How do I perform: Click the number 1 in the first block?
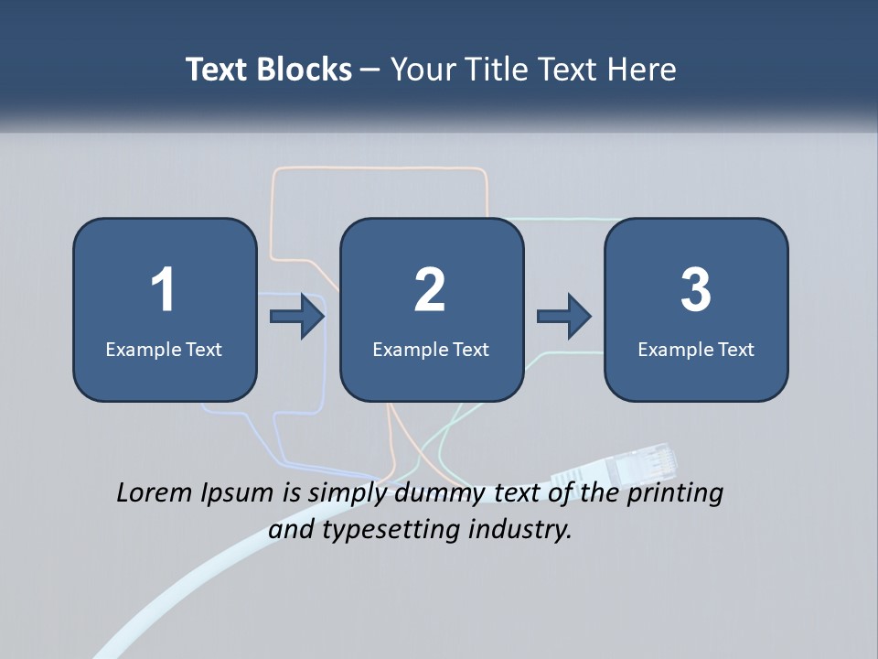tap(164, 289)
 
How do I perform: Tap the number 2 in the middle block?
tap(430, 289)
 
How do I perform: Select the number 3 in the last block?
tap(696, 289)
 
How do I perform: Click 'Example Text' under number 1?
tap(164, 349)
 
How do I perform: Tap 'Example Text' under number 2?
tap(431, 349)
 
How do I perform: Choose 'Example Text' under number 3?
tap(696, 349)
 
